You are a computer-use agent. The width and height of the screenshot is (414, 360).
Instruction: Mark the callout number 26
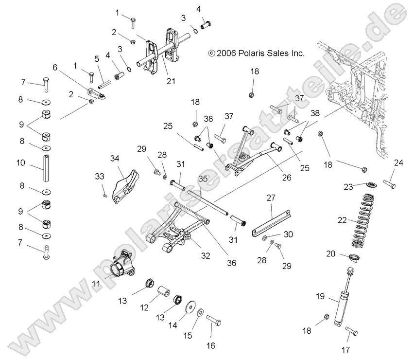click(287, 178)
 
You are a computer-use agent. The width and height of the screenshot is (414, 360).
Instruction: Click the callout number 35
click(203, 179)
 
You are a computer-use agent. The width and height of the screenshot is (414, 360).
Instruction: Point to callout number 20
click(331, 254)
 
